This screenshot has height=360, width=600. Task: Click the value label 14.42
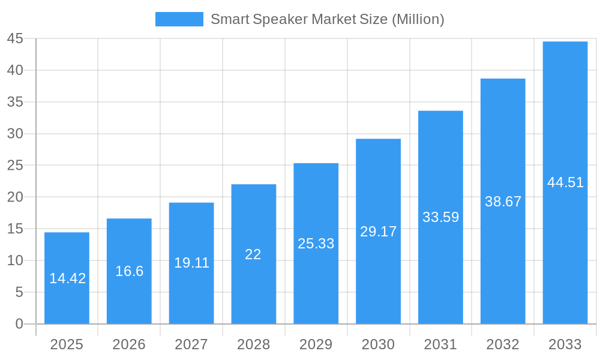click(67, 278)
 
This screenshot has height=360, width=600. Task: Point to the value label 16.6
click(129, 271)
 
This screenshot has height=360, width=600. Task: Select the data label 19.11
click(191, 263)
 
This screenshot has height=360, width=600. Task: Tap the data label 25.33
click(316, 244)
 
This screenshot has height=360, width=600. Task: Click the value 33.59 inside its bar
click(440, 217)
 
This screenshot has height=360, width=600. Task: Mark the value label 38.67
click(503, 202)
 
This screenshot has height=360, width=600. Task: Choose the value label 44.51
click(565, 183)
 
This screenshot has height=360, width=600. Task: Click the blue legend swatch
click(179, 19)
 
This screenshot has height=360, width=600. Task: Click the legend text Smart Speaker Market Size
click(327, 19)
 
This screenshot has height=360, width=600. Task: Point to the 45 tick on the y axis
click(15, 39)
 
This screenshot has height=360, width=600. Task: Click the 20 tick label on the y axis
click(15, 197)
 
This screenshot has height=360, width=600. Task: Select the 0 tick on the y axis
click(19, 324)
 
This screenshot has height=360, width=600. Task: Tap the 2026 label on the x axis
click(129, 344)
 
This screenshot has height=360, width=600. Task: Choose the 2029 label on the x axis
click(316, 344)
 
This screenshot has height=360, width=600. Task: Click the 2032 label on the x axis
click(503, 344)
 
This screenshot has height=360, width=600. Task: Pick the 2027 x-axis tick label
click(191, 344)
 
